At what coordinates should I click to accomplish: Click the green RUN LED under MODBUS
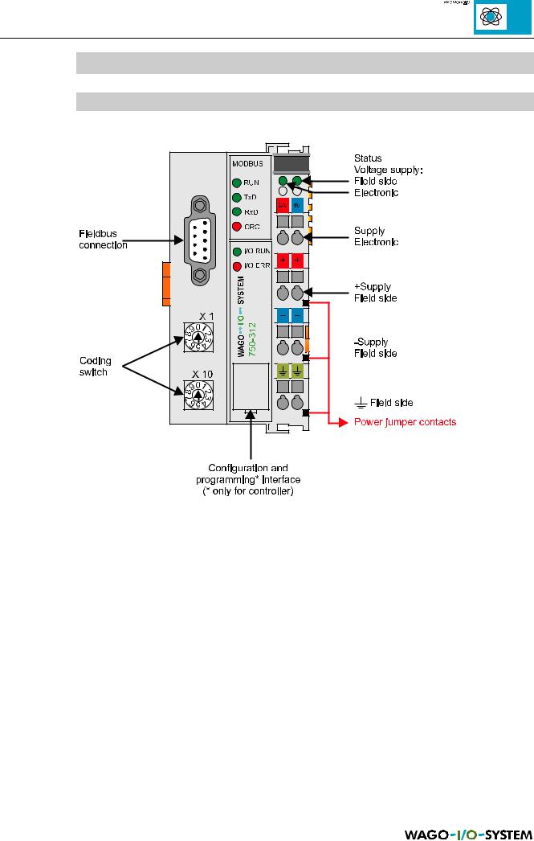pyautogui.click(x=236, y=183)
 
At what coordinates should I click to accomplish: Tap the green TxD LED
pyautogui.click(x=236, y=197)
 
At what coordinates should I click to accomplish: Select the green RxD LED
pyautogui.click(x=236, y=211)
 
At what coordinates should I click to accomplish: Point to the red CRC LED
pyautogui.click(x=236, y=226)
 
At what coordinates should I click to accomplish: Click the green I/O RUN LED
pyautogui.click(x=236, y=252)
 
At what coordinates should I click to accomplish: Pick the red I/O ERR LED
pyautogui.click(x=236, y=265)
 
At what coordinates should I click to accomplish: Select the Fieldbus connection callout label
pyautogui.click(x=98, y=239)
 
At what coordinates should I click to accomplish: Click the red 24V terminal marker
pyautogui.click(x=282, y=206)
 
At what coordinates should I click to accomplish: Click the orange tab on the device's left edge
pyautogui.click(x=165, y=284)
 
